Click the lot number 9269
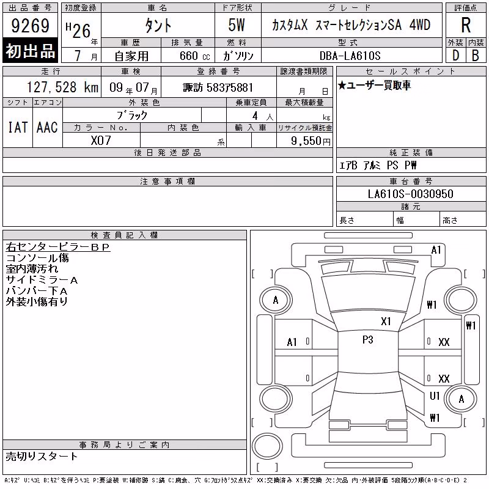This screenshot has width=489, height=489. (x=30, y=26)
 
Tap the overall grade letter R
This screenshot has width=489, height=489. (x=466, y=25)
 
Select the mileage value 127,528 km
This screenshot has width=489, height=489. (x=62, y=87)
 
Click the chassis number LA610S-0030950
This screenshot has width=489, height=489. (x=410, y=194)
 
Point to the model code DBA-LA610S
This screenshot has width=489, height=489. (x=350, y=56)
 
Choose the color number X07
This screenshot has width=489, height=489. (x=101, y=141)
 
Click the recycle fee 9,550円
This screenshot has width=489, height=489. (x=311, y=141)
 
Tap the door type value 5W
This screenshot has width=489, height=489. (x=237, y=25)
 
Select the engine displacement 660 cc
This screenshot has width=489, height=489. (x=194, y=56)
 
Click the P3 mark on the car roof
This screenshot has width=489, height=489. (x=368, y=340)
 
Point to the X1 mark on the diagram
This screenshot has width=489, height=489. (x=386, y=322)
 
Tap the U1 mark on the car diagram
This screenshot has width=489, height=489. (x=435, y=395)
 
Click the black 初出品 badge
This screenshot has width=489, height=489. (x=30, y=51)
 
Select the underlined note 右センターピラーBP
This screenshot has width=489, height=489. (x=58, y=247)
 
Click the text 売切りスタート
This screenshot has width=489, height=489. (x=42, y=457)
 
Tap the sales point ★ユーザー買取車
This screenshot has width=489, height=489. (x=374, y=85)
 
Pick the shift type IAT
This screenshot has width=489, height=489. (x=18, y=127)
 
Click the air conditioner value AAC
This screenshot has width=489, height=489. (x=47, y=127)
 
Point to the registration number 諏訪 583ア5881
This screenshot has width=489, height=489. (x=218, y=87)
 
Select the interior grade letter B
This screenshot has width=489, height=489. (x=476, y=56)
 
